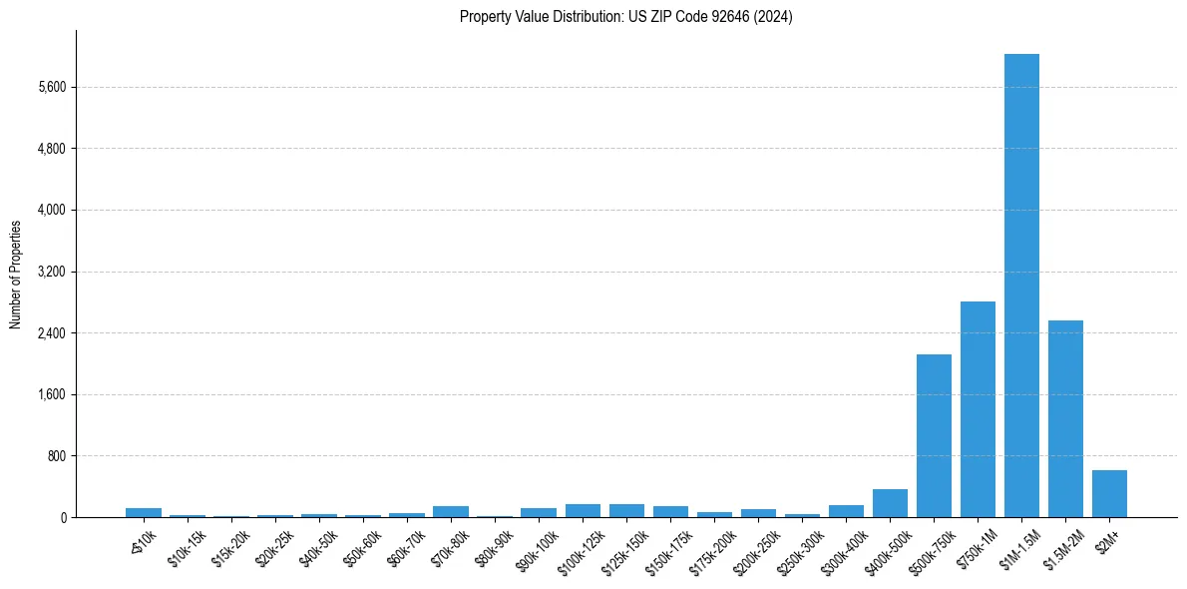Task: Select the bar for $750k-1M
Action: click(x=978, y=409)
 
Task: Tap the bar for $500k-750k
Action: click(x=934, y=435)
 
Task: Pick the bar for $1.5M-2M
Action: click(x=1065, y=418)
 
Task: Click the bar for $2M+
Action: click(x=1109, y=493)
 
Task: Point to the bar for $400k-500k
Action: click(x=890, y=503)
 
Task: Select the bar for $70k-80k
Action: click(x=450, y=511)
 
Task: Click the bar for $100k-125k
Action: click(x=583, y=510)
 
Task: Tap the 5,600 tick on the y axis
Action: click(x=51, y=88)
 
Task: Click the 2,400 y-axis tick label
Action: click(x=51, y=333)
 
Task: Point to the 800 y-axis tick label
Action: click(x=56, y=456)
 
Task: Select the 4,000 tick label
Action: click(x=51, y=211)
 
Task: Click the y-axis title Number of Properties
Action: click(x=16, y=274)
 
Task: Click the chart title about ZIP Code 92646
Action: click(x=625, y=16)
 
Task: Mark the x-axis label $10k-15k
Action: click(x=189, y=550)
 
